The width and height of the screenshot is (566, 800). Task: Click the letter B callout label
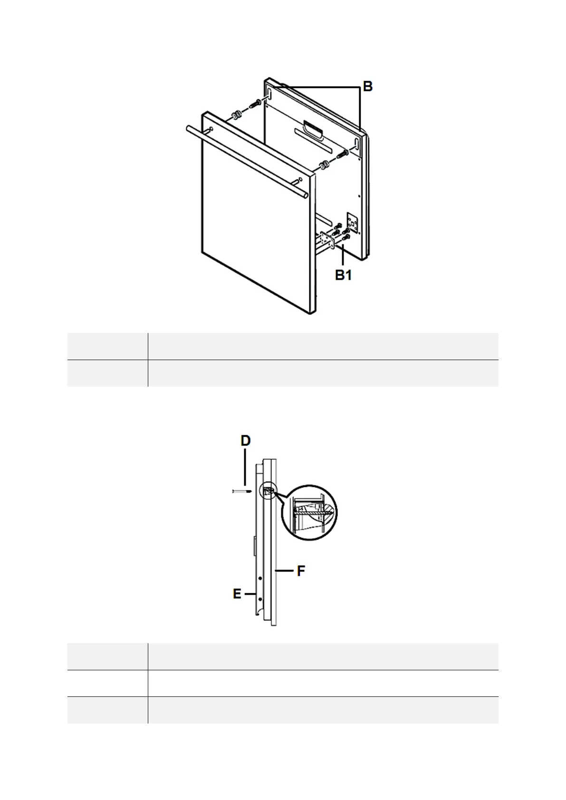367,86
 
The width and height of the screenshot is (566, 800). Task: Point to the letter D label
246,441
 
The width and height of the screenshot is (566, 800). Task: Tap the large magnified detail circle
309,513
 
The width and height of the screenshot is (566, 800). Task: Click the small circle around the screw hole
269,492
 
